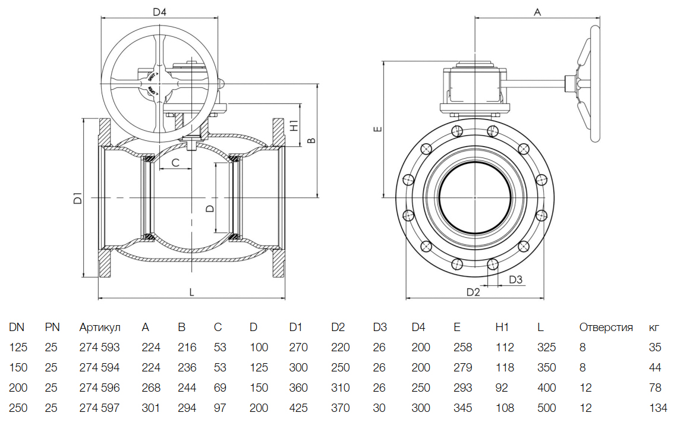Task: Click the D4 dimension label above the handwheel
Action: (159, 11)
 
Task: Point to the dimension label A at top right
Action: (538, 11)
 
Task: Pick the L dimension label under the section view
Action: (191, 292)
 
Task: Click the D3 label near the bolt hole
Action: (516, 280)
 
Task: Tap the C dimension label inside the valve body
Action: (175, 162)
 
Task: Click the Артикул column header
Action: (100, 327)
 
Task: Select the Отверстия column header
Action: (606, 327)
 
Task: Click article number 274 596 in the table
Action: (99, 388)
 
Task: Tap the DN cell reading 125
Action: (17, 348)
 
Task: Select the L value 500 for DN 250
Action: (546, 408)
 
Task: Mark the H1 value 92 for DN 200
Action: (502, 388)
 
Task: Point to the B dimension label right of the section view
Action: (310, 140)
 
